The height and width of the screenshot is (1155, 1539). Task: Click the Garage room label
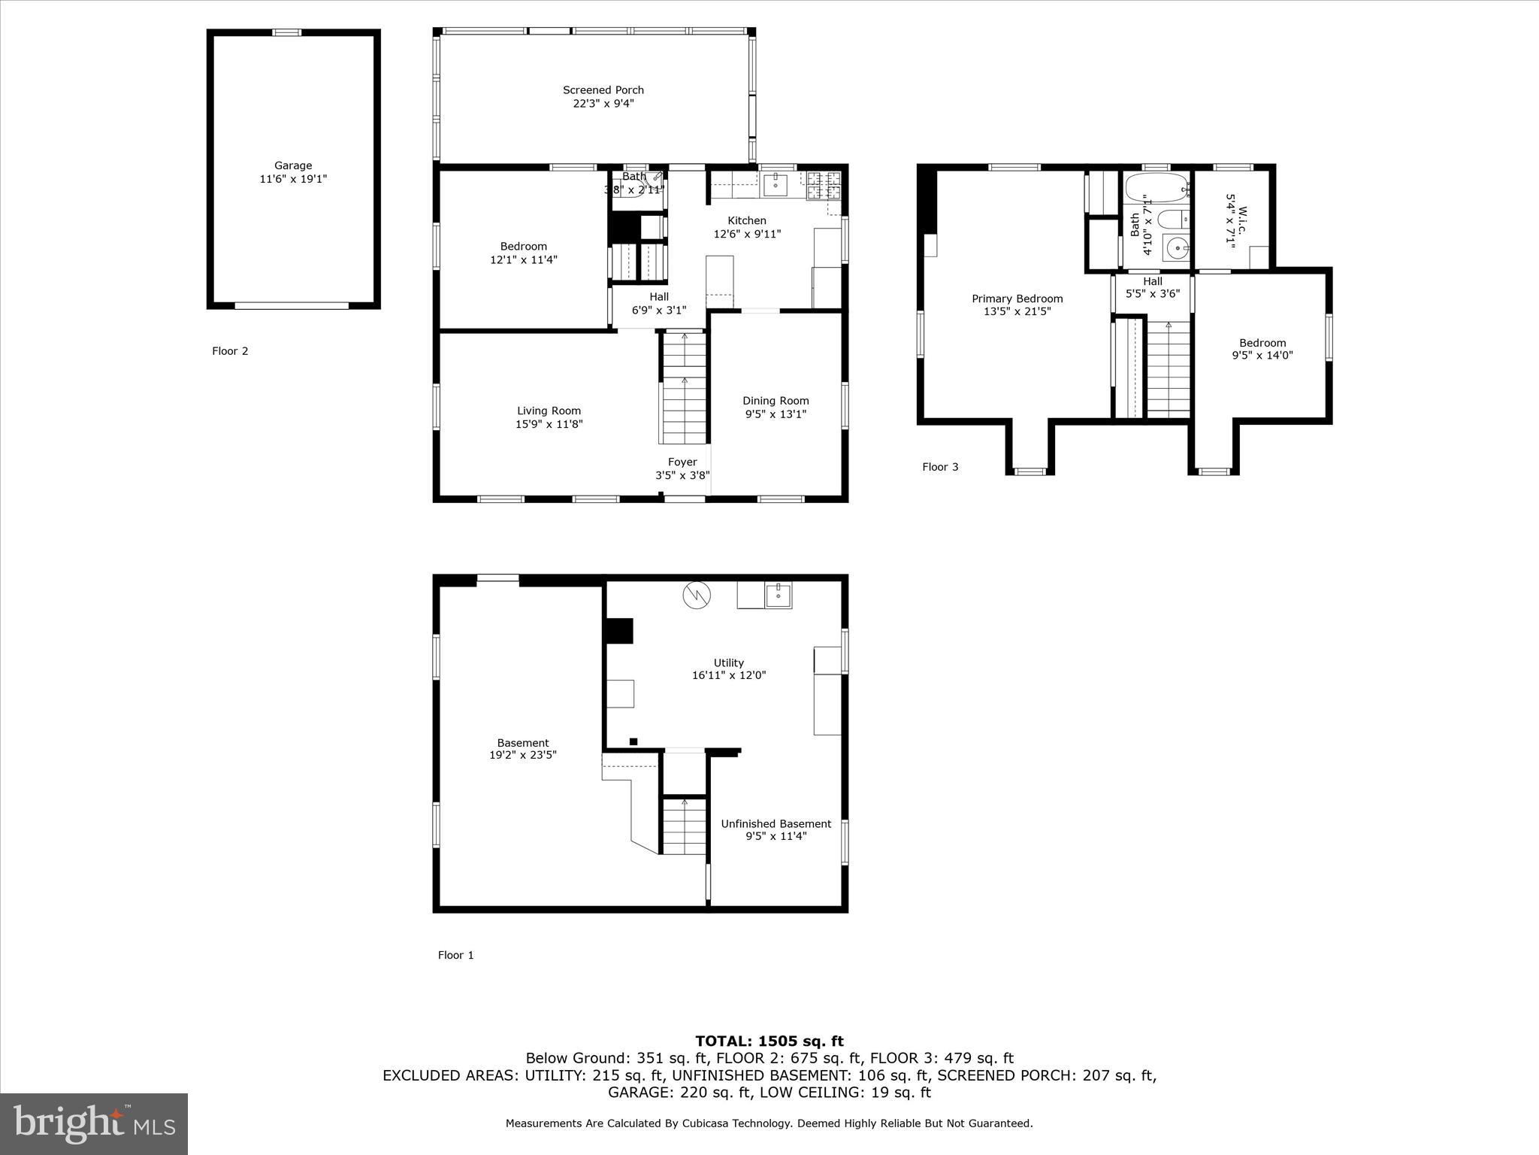click(292, 165)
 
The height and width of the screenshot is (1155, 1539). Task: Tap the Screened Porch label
click(603, 90)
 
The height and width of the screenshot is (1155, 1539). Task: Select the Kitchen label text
click(746, 220)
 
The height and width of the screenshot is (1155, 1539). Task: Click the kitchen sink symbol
click(775, 184)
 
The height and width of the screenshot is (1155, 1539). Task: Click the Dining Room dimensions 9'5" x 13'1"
click(776, 414)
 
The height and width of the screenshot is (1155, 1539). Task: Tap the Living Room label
click(549, 411)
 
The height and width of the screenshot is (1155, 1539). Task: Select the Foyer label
click(682, 462)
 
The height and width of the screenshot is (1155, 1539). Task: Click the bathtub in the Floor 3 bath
click(1156, 189)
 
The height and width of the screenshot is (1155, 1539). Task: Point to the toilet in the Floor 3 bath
click(1172, 220)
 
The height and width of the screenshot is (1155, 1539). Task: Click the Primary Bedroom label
click(1017, 299)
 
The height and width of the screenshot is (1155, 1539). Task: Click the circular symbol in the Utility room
click(696, 595)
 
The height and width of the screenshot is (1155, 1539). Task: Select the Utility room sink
click(779, 595)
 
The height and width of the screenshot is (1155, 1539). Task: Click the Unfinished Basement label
click(776, 823)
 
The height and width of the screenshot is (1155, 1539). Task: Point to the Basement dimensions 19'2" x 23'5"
click(522, 755)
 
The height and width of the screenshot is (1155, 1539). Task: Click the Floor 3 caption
click(940, 467)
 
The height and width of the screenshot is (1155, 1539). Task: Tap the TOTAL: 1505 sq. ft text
click(769, 1041)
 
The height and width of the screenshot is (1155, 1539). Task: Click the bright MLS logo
click(94, 1123)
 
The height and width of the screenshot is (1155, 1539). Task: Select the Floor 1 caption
click(455, 955)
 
